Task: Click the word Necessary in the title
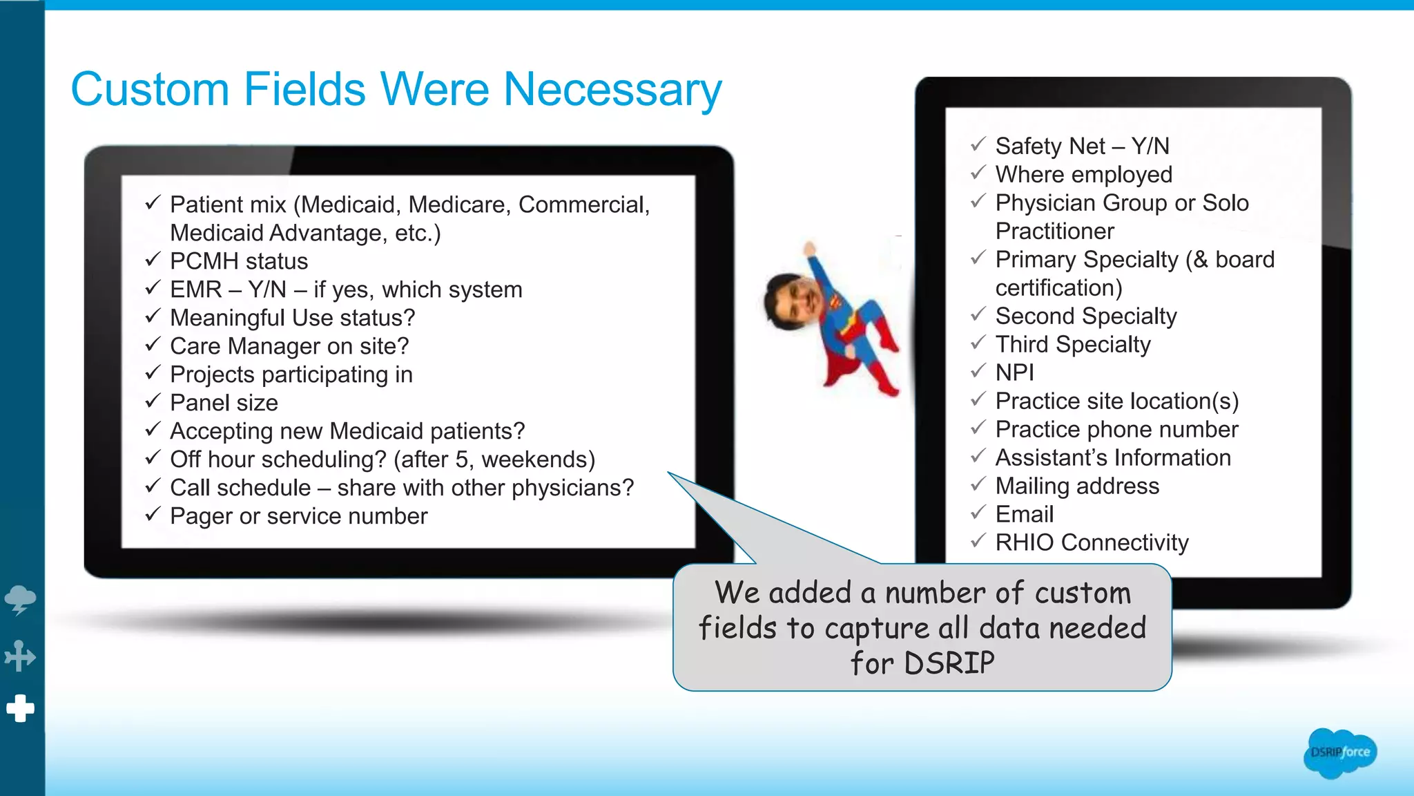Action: pyautogui.click(x=612, y=90)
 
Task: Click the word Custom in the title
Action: pyautogui.click(x=150, y=90)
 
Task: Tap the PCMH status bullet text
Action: pyautogui.click(x=239, y=261)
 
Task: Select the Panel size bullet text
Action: pyautogui.click(x=224, y=403)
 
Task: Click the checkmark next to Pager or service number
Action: pyautogui.click(x=153, y=514)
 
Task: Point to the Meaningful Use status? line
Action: pyautogui.click(x=292, y=318)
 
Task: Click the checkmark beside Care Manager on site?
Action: pyautogui.click(x=153, y=344)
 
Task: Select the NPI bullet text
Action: pyautogui.click(x=1014, y=372)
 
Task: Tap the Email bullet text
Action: pyautogui.click(x=1024, y=514)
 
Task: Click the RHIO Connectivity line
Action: pyautogui.click(x=1092, y=542)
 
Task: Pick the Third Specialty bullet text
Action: pyautogui.click(x=1073, y=344)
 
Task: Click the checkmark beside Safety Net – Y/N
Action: pyautogui.click(x=978, y=144)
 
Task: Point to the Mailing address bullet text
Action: pyautogui.click(x=1077, y=486)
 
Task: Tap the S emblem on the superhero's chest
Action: pyautogui.click(x=836, y=303)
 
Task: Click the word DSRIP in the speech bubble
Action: pyautogui.click(x=949, y=663)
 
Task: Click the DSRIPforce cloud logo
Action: pyautogui.click(x=1339, y=752)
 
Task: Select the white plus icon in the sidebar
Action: pyautogui.click(x=20, y=708)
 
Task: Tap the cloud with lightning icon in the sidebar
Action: pyautogui.click(x=20, y=599)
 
